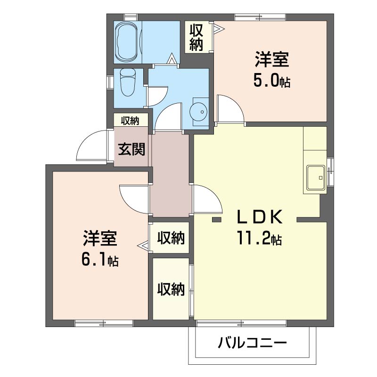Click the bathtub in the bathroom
[x=127, y=42]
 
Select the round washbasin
[x=198, y=112]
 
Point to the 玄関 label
[x=131, y=149]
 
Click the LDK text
[x=260, y=217]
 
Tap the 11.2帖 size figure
[x=260, y=238]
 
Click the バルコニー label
[x=252, y=343]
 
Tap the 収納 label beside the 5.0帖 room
[x=197, y=37]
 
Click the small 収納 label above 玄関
[x=130, y=121]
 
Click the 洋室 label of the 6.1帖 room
[x=100, y=238]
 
